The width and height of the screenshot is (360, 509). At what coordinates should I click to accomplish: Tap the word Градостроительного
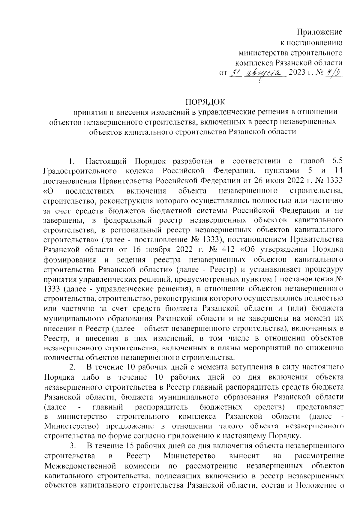tap(80, 172)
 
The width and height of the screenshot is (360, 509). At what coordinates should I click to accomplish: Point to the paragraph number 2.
tap(72, 368)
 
